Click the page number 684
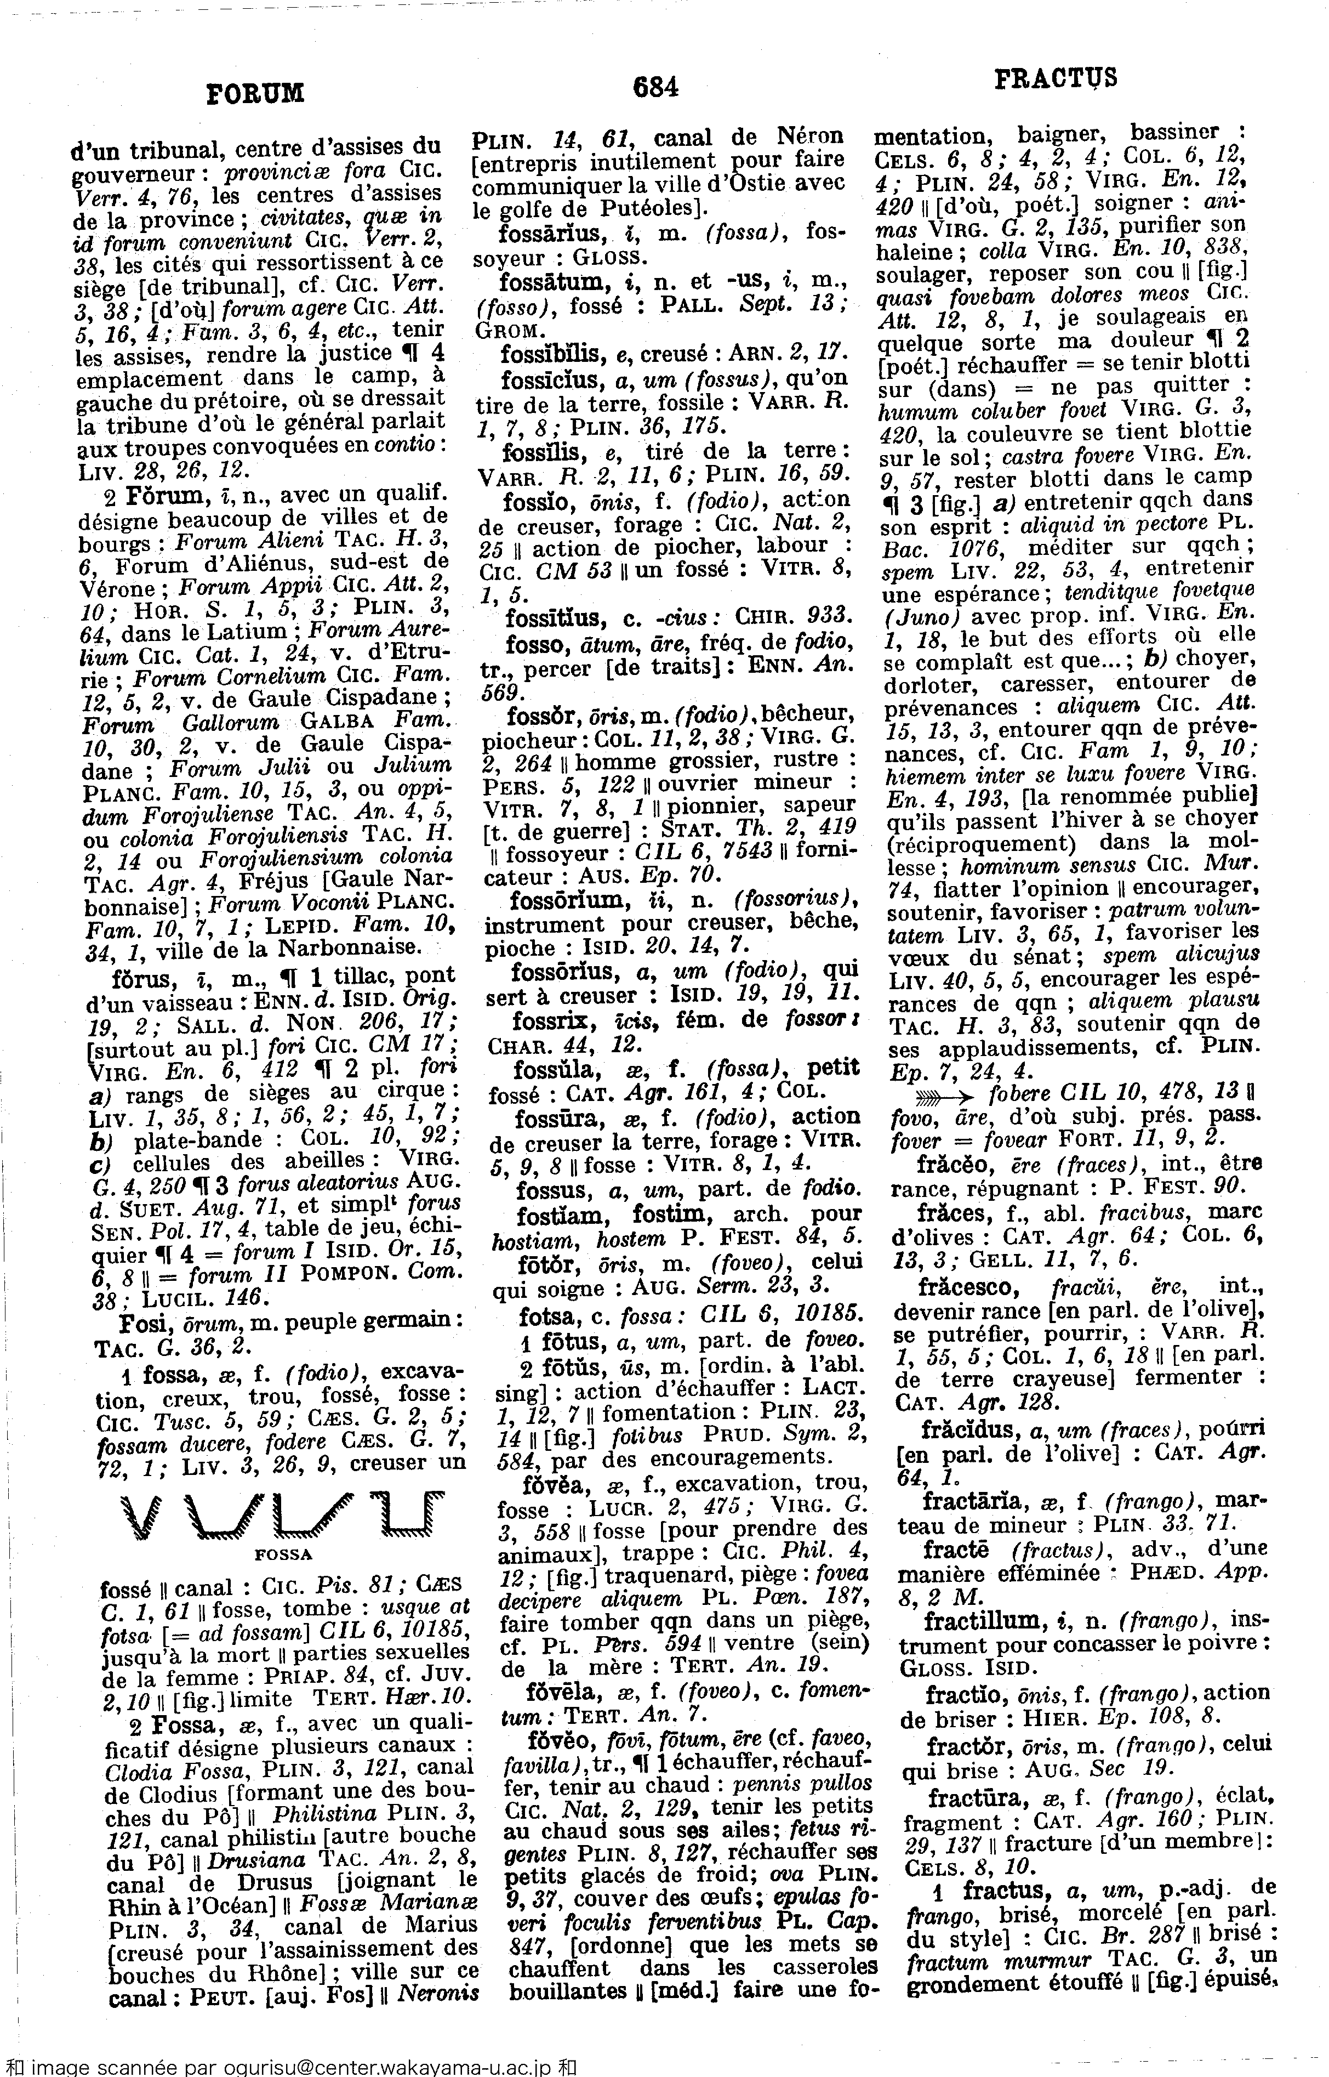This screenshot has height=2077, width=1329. coord(657,86)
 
